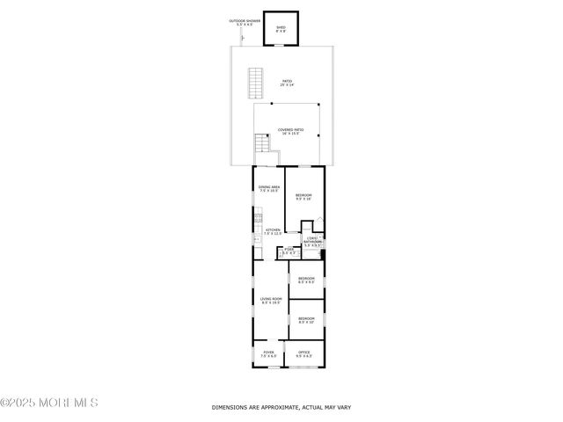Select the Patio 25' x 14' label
(287, 84)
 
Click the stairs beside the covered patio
(261, 144)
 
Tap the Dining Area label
(269, 189)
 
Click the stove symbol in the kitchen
(257, 220)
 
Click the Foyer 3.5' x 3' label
(289, 251)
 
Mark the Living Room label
(270, 301)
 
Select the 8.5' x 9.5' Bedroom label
(306, 280)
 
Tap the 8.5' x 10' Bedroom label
(306, 319)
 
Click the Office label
(304, 353)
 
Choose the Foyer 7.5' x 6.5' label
(268, 353)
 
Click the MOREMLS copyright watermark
(49, 403)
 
